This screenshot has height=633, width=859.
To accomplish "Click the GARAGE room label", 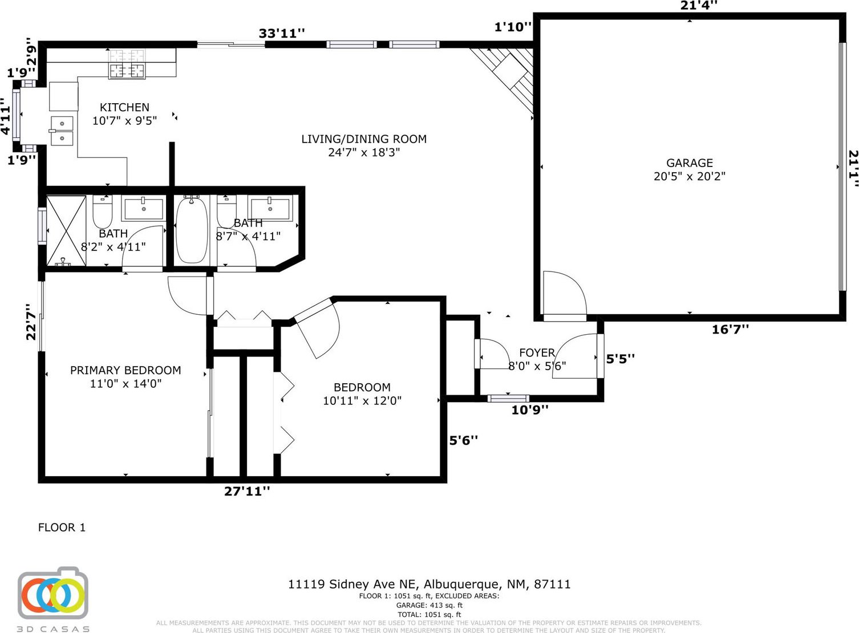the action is pos(690,163).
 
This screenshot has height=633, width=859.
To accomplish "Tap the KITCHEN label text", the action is pos(125,107).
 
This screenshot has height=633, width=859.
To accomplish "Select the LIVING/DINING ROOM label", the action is pos(364,139).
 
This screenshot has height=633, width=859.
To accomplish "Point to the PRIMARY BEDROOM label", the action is pos(125,370).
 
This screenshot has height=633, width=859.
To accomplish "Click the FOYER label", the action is pos(537,353).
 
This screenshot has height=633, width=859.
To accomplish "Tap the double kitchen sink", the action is pos(62,131).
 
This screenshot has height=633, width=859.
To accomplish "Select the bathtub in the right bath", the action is pos(192,230).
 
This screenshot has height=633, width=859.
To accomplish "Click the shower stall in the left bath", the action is pos(66,230).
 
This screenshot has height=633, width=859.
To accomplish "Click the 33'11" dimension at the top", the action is pos(281,33).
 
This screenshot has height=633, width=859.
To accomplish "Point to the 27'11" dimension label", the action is pos(247,491).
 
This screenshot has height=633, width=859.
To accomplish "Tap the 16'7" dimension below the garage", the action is pos(730,330).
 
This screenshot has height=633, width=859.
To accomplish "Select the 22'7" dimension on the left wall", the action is pos(31,322).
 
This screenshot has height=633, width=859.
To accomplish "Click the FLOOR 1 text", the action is pos(62,527).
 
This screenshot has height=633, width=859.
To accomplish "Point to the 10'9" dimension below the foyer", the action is pos(529,410).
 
